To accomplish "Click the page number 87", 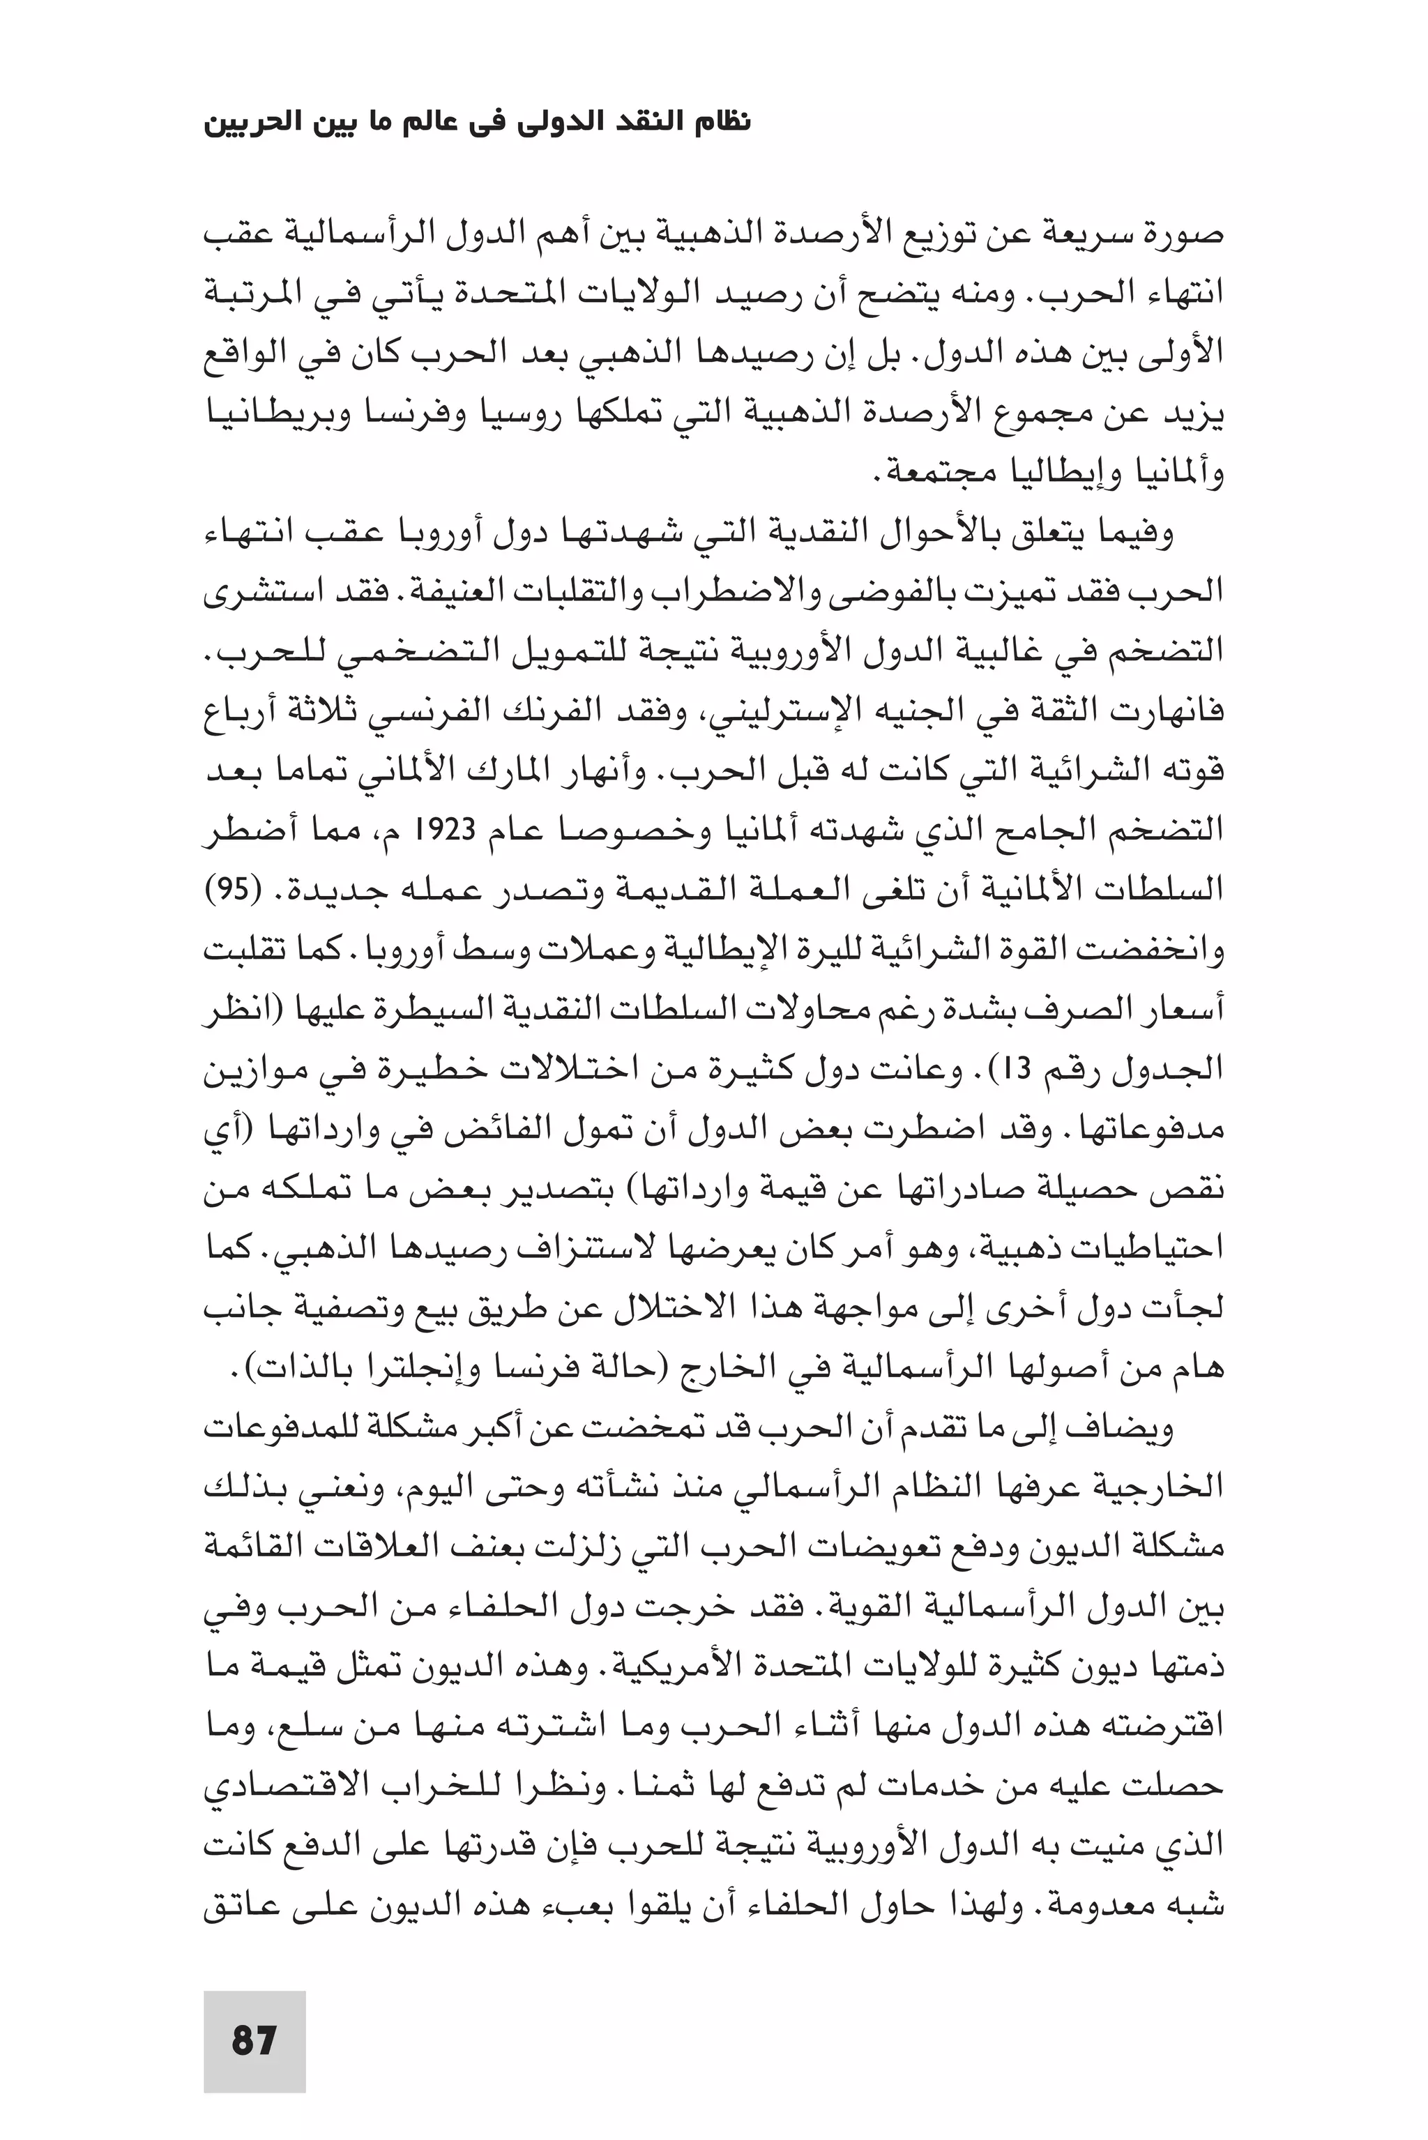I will [254, 2040].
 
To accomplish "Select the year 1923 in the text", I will [517, 830].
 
